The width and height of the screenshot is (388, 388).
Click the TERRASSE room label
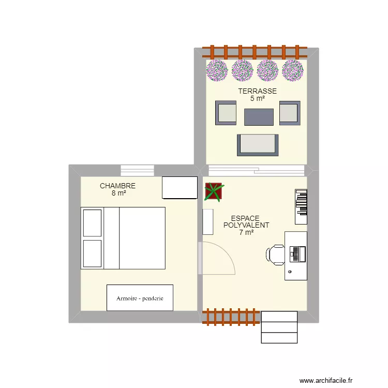[257, 91]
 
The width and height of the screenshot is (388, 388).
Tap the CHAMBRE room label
[118, 186]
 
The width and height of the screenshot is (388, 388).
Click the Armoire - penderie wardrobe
[140, 298]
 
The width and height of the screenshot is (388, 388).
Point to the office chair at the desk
[275, 254]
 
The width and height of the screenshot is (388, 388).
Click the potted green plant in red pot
[213, 191]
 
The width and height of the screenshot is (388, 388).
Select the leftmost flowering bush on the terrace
[217, 70]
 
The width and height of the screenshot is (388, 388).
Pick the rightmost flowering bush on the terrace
[293, 70]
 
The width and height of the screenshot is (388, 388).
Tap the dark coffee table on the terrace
[259, 117]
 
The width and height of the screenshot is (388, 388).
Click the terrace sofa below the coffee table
[258, 145]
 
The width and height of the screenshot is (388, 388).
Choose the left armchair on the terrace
[226, 113]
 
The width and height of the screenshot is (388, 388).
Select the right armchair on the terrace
[290, 113]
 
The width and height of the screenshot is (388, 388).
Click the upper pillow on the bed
[92, 222]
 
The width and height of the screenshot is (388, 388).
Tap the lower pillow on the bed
[92, 253]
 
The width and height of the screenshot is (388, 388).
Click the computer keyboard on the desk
[296, 254]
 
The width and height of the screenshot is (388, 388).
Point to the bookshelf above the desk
[301, 206]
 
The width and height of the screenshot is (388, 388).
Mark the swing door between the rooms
[217, 259]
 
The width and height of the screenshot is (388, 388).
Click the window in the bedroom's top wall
[138, 170]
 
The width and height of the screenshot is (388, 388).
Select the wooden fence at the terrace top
[255, 52]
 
